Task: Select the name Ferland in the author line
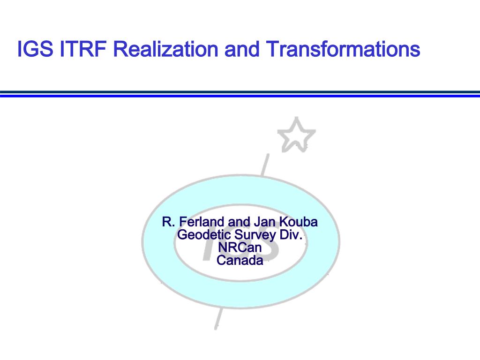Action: (200, 222)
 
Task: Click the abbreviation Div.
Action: (291, 235)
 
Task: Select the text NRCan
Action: (240, 247)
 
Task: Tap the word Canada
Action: (240, 260)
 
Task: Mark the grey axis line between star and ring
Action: (265, 164)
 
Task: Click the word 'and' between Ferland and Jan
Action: (239, 222)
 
